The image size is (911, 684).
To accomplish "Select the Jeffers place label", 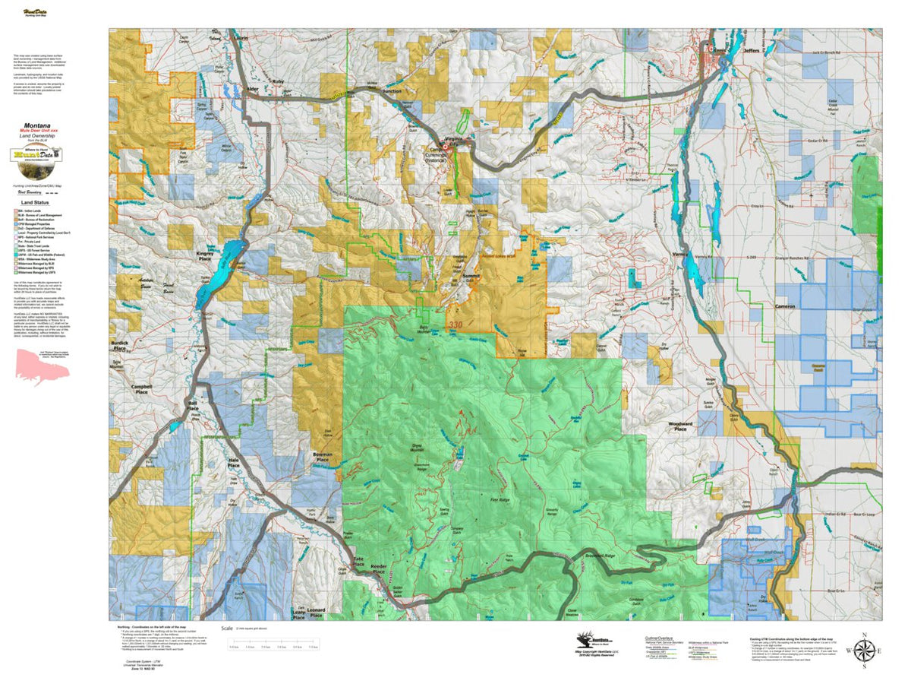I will pos(752,52).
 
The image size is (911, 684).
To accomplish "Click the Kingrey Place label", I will pos(204,257).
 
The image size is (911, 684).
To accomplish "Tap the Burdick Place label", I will pos(120,345).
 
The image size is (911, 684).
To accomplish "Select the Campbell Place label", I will pos(142,388).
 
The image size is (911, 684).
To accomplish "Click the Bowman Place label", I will pos(322,458).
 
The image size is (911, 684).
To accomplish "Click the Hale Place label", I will pos(234,464).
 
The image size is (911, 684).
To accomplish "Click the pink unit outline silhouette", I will pos(43,368).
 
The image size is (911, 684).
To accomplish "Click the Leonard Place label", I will pos(315,613).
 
